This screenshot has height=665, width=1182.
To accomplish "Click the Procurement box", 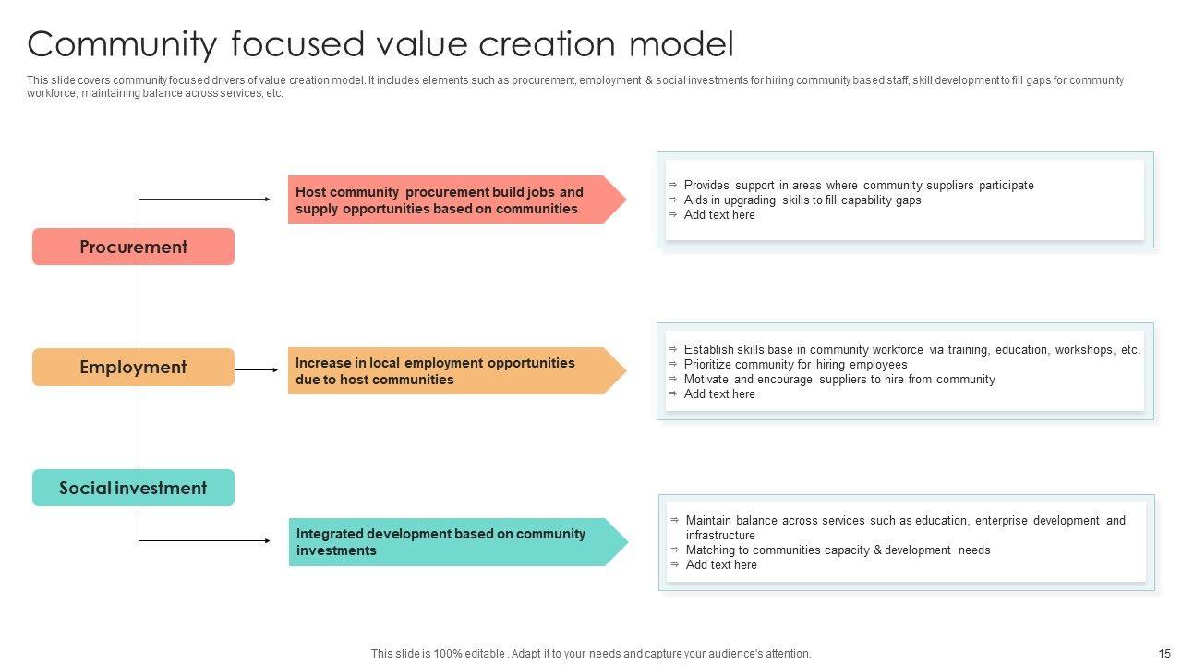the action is coord(133,247).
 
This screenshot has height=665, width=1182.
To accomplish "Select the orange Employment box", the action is coord(133,367).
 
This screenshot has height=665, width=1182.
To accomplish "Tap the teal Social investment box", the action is coord(133,488).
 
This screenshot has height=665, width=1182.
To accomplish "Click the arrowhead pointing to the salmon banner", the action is coord(267,199).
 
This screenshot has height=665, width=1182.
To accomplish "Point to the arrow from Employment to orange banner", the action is coord(257,370).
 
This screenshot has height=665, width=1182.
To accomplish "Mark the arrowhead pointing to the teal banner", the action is coord(267,540).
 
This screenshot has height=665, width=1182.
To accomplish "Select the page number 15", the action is coord(1164,653).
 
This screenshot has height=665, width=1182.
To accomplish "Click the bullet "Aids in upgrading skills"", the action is coord(802,199).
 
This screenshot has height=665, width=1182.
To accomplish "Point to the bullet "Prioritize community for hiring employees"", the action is coord(795,364).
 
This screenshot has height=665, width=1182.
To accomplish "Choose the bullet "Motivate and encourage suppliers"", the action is coord(838,379).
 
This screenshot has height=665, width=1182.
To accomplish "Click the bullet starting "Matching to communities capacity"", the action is coord(838,550).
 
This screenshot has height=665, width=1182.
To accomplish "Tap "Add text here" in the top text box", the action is coord(719,214).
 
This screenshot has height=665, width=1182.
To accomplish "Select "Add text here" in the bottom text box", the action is coord(721,564).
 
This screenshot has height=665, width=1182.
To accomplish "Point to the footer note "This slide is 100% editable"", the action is coord(591,653).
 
